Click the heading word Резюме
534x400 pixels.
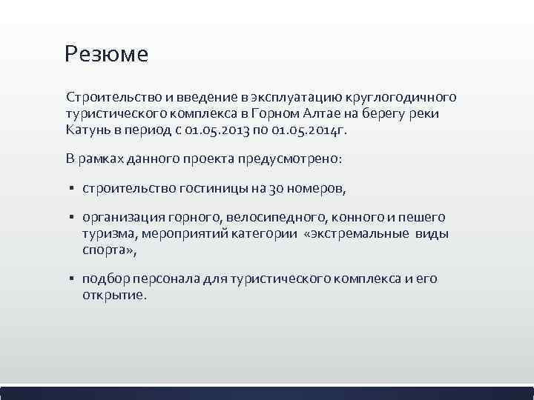(x=106, y=54)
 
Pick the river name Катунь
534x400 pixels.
(x=88, y=130)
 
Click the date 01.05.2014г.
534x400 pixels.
(x=284, y=130)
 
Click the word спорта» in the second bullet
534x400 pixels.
(x=109, y=250)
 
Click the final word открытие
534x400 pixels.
(x=115, y=296)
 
